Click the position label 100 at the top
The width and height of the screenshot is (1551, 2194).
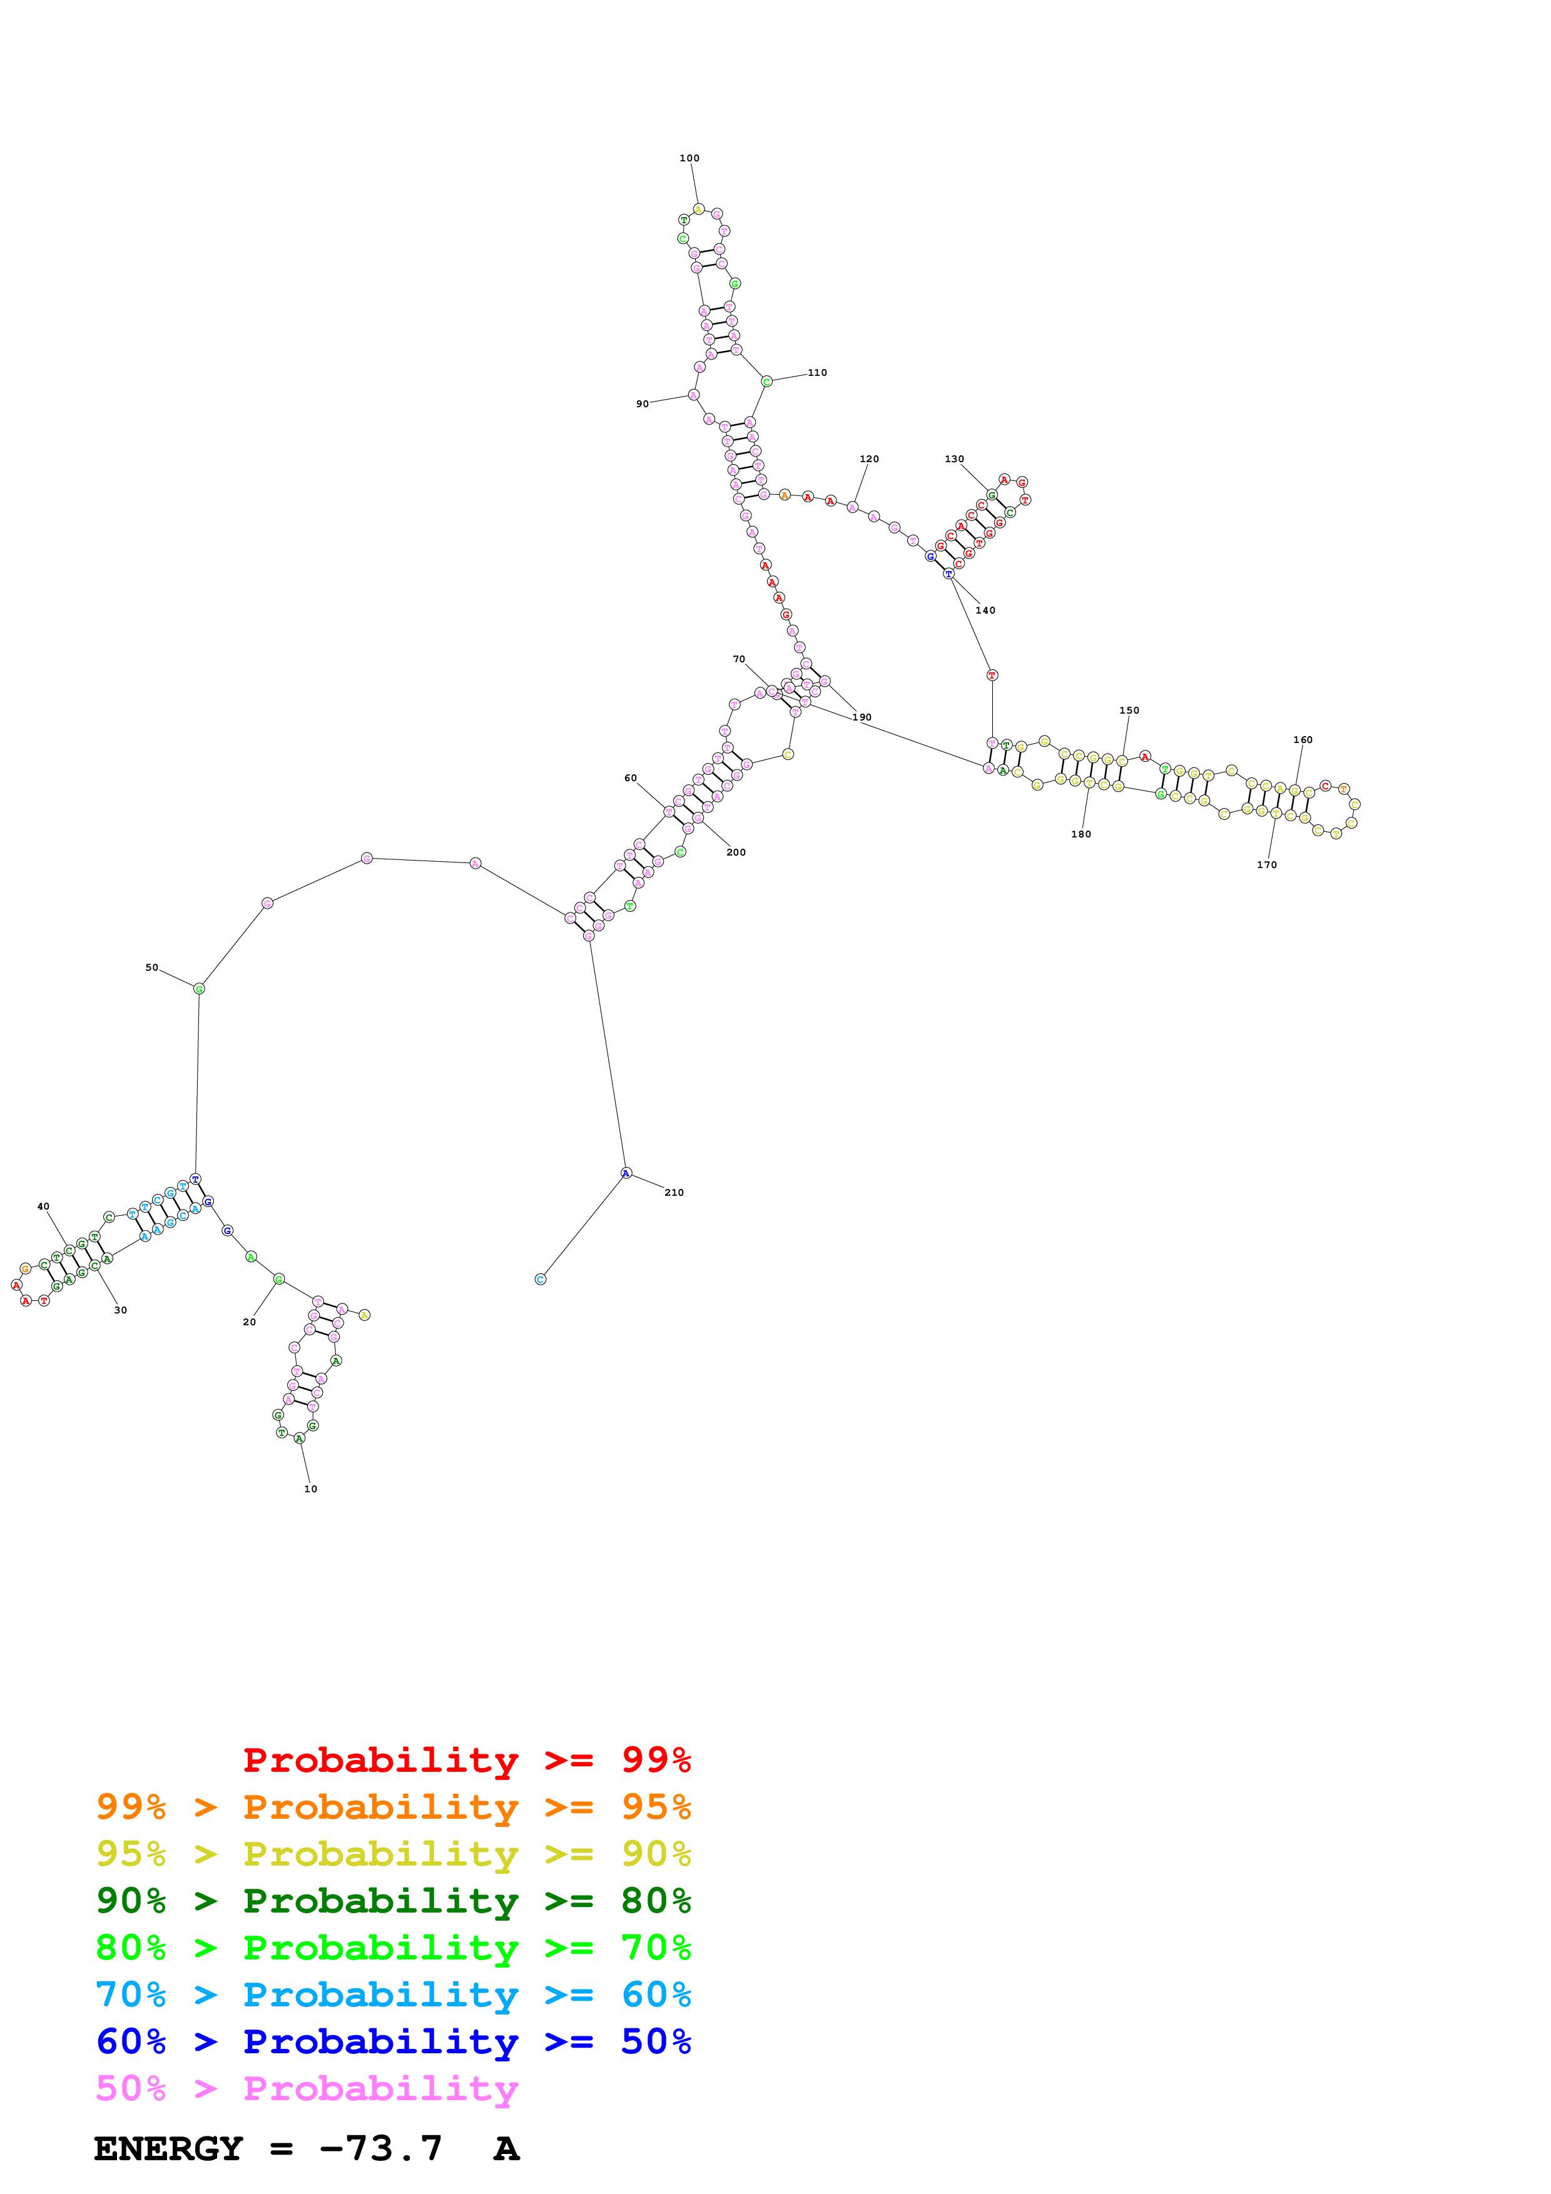(689, 159)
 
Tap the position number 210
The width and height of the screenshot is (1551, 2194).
(674, 1193)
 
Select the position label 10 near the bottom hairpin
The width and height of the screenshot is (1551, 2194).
(310, 1489)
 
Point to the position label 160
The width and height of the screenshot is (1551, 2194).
(1303, 740)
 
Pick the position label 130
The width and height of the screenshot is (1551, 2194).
(953, 458)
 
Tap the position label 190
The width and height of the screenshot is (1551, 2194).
(862, 717)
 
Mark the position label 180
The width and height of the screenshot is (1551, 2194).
(1081, 834)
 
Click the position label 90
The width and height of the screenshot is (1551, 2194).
(642, 404)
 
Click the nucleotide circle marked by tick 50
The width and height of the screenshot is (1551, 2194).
(199, 989)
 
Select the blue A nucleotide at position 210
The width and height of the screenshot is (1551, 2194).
(626, 1173)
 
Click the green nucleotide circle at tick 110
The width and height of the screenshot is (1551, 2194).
(766, 382)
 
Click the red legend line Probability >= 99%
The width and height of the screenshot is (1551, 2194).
(466, 1759)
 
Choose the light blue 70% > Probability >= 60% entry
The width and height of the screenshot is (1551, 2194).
(393, 1994)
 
